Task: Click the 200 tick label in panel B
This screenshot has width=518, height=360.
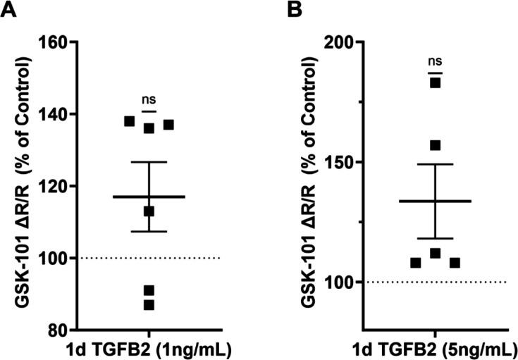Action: [342, 42]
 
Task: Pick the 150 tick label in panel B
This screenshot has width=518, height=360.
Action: [342, 162]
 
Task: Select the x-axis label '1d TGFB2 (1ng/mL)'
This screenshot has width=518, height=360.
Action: [149, 349]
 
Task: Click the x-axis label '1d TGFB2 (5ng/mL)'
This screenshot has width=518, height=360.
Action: [435, 349]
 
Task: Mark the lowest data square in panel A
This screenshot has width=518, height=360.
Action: [149, 305]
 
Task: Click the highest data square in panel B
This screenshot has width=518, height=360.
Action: [435, 83]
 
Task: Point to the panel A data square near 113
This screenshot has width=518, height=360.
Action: [149, 211]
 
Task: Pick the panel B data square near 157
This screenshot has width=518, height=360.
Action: [435, 145]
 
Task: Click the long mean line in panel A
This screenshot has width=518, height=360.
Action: [149, 197]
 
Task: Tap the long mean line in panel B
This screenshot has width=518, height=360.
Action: [435, 201]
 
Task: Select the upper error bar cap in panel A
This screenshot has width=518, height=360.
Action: [149, 162]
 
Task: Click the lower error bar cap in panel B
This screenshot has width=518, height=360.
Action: [435, 238]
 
